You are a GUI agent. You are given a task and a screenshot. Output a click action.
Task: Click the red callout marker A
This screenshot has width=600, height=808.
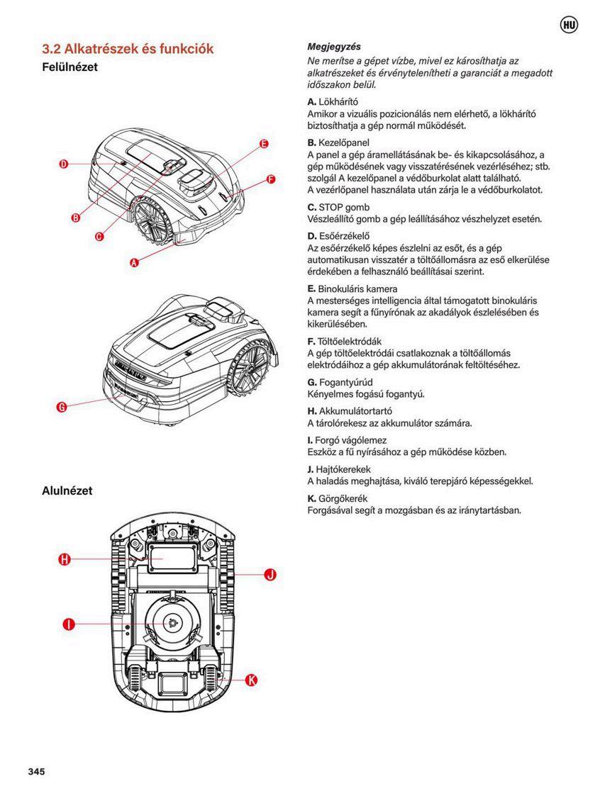point(133,262)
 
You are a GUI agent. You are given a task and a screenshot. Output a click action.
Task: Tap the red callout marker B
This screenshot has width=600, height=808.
point(76,218)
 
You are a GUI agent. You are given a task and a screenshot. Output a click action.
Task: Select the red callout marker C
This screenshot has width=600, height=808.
point(99,236)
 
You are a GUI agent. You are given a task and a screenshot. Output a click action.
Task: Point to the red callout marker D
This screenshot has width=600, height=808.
point(63,164)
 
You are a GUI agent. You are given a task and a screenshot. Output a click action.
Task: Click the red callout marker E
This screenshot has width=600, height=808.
point(264,144)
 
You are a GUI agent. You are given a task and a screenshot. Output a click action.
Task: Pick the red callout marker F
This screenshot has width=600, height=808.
point(270,179)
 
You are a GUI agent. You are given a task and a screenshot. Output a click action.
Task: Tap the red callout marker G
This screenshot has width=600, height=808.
point(61,407)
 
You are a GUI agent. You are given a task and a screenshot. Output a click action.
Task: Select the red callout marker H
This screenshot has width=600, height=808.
point(64,560)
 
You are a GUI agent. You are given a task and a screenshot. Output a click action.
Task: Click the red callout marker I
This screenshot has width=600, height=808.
point(69,624)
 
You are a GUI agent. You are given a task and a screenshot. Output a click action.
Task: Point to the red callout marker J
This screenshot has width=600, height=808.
point(270,575)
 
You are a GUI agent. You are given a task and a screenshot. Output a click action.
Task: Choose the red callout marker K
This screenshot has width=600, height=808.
point(251,680)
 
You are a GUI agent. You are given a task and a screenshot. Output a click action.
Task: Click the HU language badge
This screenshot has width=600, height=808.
point(568,26)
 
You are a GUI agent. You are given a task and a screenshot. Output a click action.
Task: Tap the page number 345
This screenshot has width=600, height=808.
point(36,771)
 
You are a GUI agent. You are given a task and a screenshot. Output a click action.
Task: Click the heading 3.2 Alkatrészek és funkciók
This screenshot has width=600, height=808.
point(128,49)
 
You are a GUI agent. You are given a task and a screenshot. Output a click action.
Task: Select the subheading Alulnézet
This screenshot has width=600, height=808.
point(67,490)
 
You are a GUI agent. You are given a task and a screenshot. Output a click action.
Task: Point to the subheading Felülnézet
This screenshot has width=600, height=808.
point(70,67)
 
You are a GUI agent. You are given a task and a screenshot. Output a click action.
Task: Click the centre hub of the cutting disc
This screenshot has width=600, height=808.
point(172,622)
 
